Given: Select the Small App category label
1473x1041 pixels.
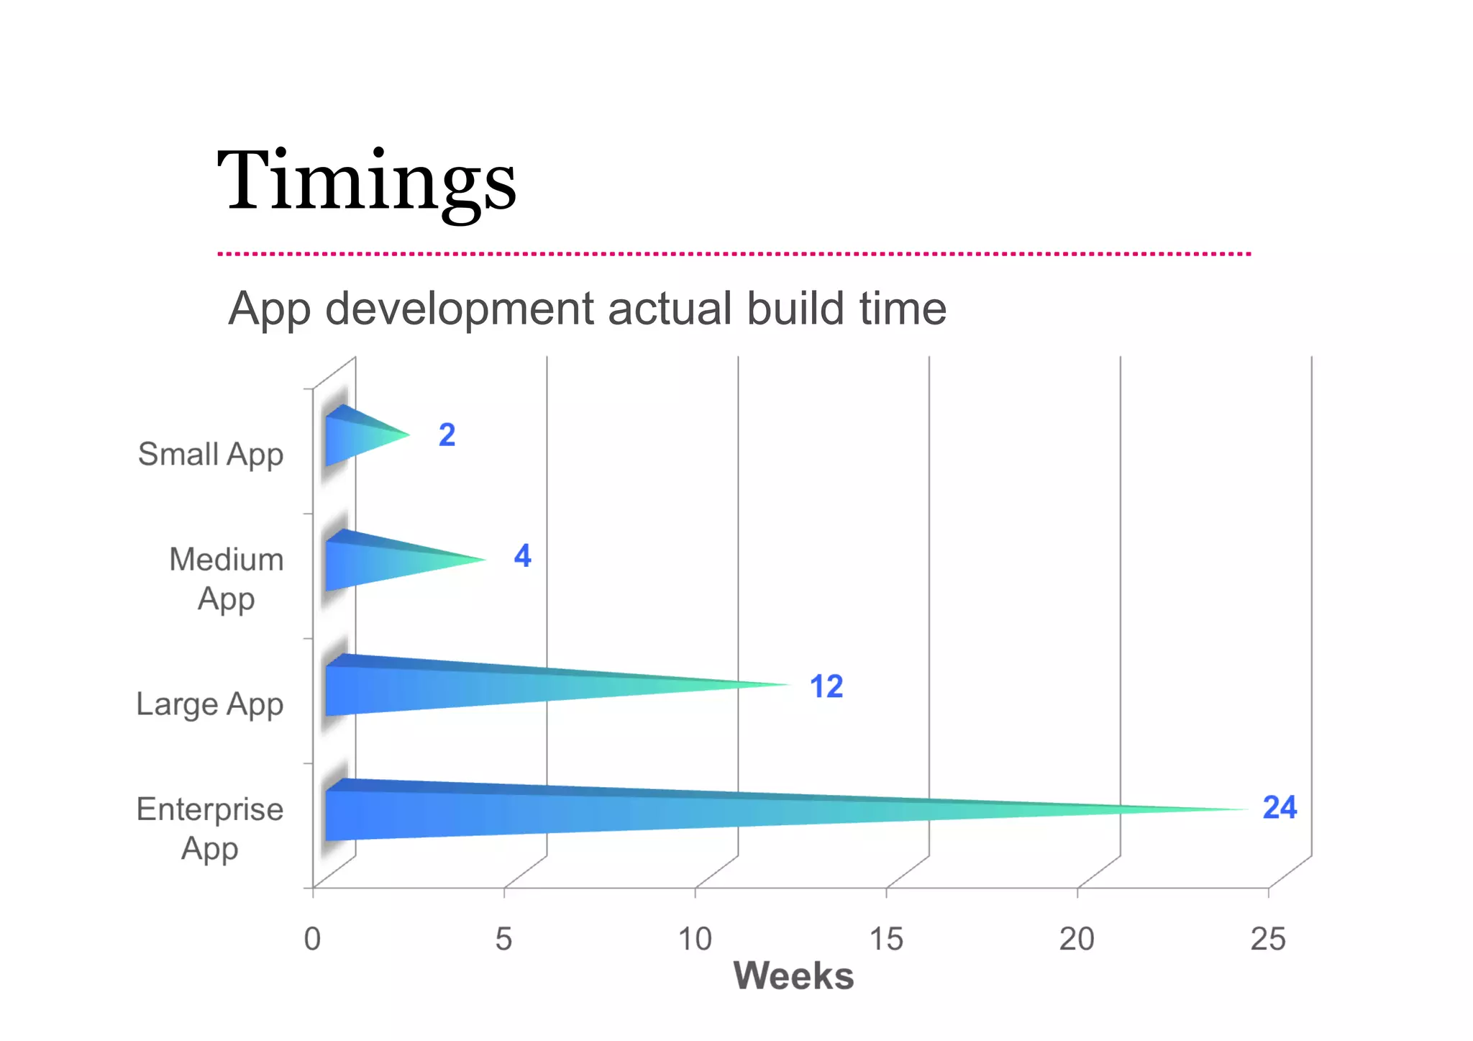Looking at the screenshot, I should tap(211, 455).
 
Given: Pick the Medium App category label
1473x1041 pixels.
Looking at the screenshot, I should tap(226, 579).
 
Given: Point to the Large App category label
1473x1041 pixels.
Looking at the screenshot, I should tap(209, 704).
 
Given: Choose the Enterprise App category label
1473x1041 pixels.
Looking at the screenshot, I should tap(210, 829).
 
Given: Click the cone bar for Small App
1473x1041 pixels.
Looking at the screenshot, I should tap(360, 436).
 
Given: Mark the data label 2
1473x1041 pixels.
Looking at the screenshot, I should tap(447, 435).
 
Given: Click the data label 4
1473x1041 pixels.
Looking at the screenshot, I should tap(523, 556).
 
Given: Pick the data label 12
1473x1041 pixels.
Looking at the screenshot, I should tap(826, 686).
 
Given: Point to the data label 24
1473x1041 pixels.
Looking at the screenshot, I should tap(1280, 807).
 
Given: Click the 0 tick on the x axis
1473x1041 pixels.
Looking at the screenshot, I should tap(312, 939).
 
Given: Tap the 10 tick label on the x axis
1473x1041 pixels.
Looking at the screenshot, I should tap(695, 939).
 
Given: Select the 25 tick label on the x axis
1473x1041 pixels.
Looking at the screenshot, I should tap(1267, 939).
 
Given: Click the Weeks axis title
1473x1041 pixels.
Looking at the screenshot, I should tap(793, 976).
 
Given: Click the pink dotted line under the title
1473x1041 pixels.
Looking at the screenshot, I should tap(734, 254).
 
